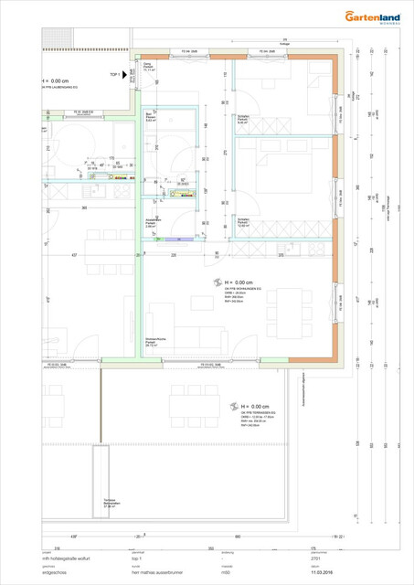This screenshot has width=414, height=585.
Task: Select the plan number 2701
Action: click(316, 558)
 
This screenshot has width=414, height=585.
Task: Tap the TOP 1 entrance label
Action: click(115, 74)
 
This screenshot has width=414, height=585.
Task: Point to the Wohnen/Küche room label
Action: click(155, 342)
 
